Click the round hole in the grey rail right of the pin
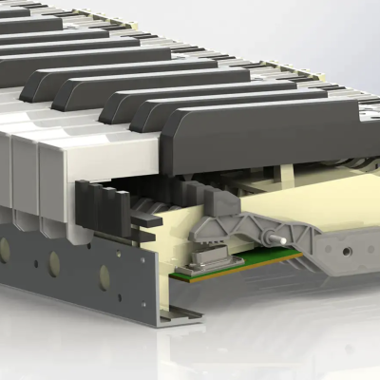click(x=346, y=251)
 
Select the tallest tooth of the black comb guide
click(x=83, y=204)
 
